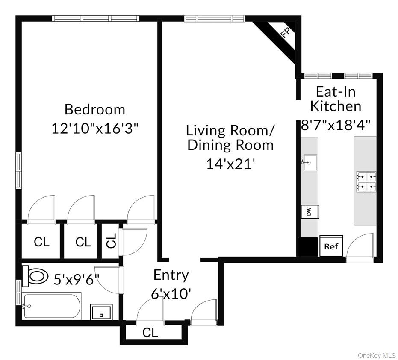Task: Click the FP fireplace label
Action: point(286,33)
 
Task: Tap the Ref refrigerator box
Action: point(331,246)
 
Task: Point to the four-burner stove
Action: point(366,180)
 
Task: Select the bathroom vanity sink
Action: point(101,312)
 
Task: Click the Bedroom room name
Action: point(95,109)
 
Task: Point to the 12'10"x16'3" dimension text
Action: point(95,128)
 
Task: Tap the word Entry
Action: point(171,275)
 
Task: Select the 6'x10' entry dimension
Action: point(171,294)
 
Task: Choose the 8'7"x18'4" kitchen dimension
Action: point(336,125)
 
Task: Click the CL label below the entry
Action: point(150,332)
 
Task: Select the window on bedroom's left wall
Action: point(18,170)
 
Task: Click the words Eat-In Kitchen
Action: point(336,99)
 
